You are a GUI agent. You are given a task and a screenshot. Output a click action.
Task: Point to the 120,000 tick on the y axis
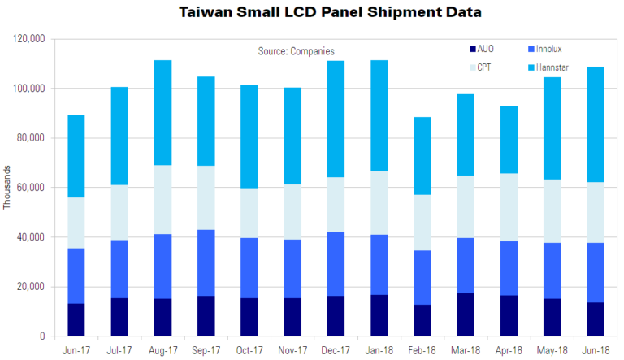point(28,38)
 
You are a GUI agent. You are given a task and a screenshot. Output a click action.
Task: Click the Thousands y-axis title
point(8,187)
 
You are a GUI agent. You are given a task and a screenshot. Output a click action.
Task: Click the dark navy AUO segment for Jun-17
point(76,319)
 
